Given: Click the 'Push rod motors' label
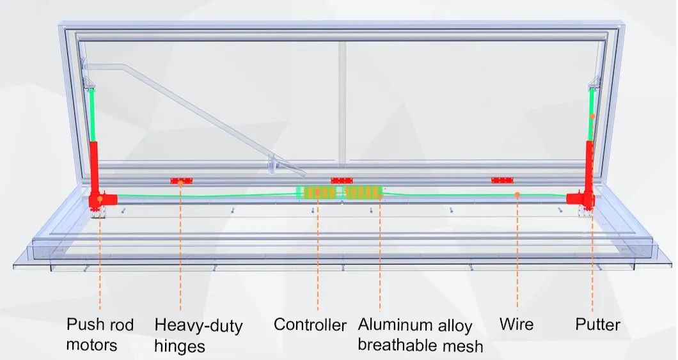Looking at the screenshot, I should pos(100,334).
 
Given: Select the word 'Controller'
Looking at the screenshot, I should pos(310,325).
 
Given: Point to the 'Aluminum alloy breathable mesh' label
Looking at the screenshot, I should pos(420,335).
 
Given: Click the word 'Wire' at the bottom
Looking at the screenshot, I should pos(516,325).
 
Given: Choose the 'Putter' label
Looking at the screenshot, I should pos(597,325).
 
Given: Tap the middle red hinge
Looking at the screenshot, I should pos(342,181).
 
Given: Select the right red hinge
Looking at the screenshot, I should pos(502,180).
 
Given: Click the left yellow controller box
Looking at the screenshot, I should pos(319,192).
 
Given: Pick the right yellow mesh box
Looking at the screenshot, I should pos(363,192).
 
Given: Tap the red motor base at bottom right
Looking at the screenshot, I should pos(583,200).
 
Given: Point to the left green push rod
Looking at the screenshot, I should pos(92,114).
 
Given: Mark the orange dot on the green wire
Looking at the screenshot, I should pos(517,194).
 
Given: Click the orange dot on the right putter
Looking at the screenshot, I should pos(592,116).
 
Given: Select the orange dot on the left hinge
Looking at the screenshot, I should pos(181,182).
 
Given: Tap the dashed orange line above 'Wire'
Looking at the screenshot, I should pos(517,256).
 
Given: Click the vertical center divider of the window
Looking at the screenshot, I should pos(342,102).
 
